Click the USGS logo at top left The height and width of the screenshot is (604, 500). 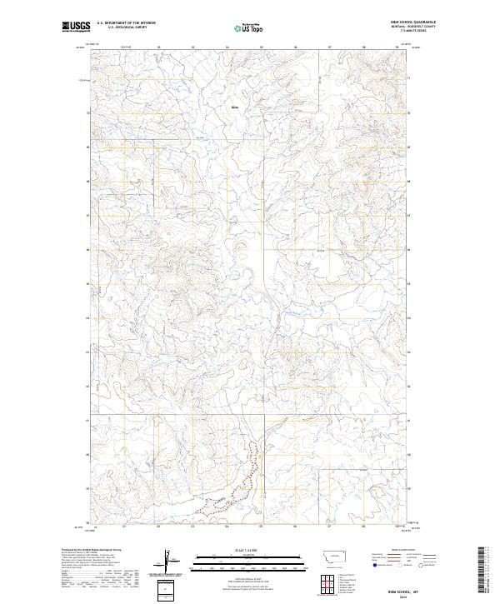pyautogui.click(x=76, y=27)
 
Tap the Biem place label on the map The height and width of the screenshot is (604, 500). pyautogui.click(x=234, y=107)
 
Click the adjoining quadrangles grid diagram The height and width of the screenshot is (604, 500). pyautogui.click(x=327, y=578)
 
